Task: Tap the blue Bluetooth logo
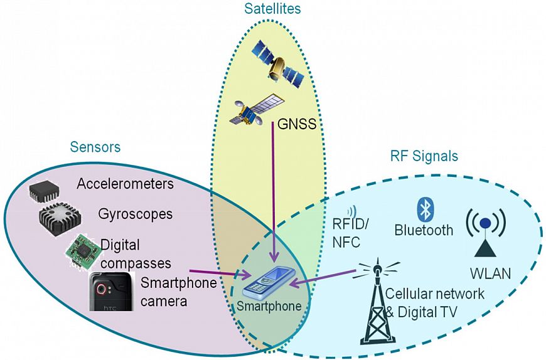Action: (423, 208)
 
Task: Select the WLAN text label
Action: (490, 273)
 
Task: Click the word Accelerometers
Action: (125, 184)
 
